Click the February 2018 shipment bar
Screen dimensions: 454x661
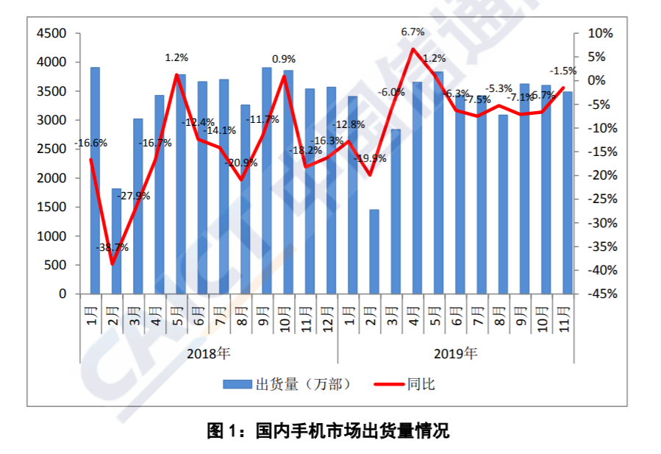pyautogui.click(x=116, y=241)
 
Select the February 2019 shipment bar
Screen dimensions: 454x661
pyautogui.click(x=374, y=251)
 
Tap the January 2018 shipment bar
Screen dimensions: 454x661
pyautogui.click(x=95, y=180)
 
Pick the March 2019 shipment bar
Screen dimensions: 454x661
pyautogui.click(x=396, y=211)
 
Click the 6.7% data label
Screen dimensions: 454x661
pyautogui.click(x=412, y=32)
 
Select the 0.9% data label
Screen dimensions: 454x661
pyautogui.click(x=284, y=59)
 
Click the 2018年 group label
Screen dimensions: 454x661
pyautogui.click(x=208, y=353)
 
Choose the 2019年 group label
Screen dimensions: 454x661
pyautogui.click(x=455, y=353)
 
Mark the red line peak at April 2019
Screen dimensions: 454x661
pyautogui.click(x=412, y=49)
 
